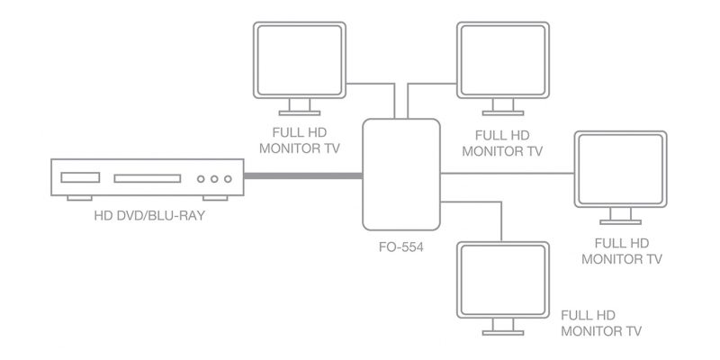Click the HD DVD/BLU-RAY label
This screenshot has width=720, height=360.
tap(149, 216)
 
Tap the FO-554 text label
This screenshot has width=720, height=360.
tap(400, 247)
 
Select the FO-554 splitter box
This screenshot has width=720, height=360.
tap(401, 175)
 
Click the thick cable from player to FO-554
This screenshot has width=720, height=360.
tap(303, 175)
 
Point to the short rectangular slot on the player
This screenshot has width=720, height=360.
tap(80, 177)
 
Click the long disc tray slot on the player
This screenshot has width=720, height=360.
tap(148, 178)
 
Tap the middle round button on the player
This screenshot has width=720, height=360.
tap(214, 178)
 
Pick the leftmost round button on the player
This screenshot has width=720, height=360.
tap(201, 178)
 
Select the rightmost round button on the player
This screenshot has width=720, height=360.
tap(228, 178)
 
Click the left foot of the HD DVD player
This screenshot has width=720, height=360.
tap(79, 198)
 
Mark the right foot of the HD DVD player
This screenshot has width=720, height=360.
tap(215, 198)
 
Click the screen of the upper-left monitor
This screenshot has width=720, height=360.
tap(300, 60)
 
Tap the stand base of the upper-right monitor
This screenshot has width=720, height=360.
tap(503, 113)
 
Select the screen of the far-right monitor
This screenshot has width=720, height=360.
tap(620, 169)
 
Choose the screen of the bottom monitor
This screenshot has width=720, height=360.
tap(503, 280)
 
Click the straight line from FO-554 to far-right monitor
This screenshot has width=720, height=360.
tap(508, 174)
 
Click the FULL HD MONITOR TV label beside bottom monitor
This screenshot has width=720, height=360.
tap(601, 323)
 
